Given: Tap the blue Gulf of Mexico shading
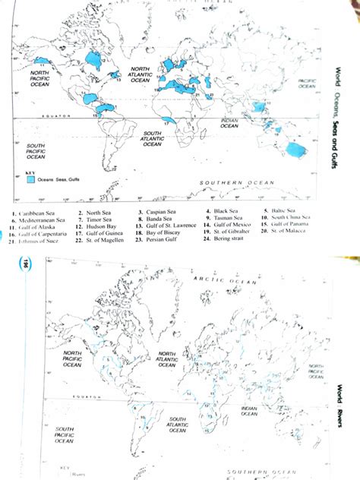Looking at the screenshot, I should click(x=92, y=98).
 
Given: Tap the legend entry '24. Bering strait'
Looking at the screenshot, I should click(x=227, y=239).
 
